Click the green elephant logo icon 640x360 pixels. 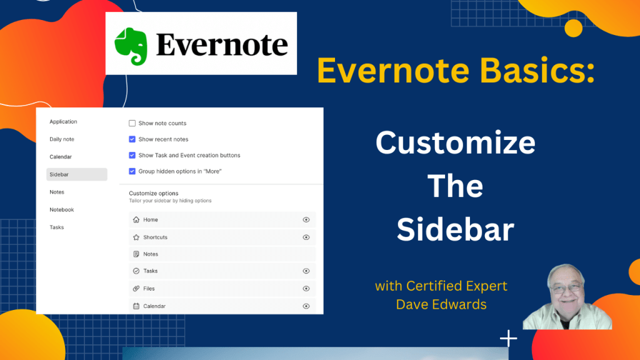[x=131, y=46]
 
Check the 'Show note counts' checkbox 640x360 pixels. [x=132, y=123]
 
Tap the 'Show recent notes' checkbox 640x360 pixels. [x=132, y=139]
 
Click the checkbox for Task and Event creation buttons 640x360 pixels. [x=132, y=155]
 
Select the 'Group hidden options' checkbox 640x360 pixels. [x=132, y=171]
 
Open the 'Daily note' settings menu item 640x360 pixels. [x=62, y=139]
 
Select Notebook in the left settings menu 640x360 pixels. [x=62, y=210]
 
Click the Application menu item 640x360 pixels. [x=63, y=122]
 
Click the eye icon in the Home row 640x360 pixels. [x=306, y=219]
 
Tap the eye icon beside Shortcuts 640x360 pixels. [x=306, y=237]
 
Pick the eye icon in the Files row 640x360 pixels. [x=306, y=289]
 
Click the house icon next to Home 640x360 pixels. [x=136, y=219]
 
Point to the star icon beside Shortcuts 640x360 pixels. [x=136, y=237]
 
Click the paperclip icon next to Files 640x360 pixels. [x=136, y=289]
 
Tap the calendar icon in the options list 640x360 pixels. [x=136, y=306]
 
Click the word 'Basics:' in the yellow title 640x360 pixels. [x=537, y=70]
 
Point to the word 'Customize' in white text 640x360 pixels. [x=456, y=143]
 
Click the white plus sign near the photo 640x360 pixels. [x=509, y=338]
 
